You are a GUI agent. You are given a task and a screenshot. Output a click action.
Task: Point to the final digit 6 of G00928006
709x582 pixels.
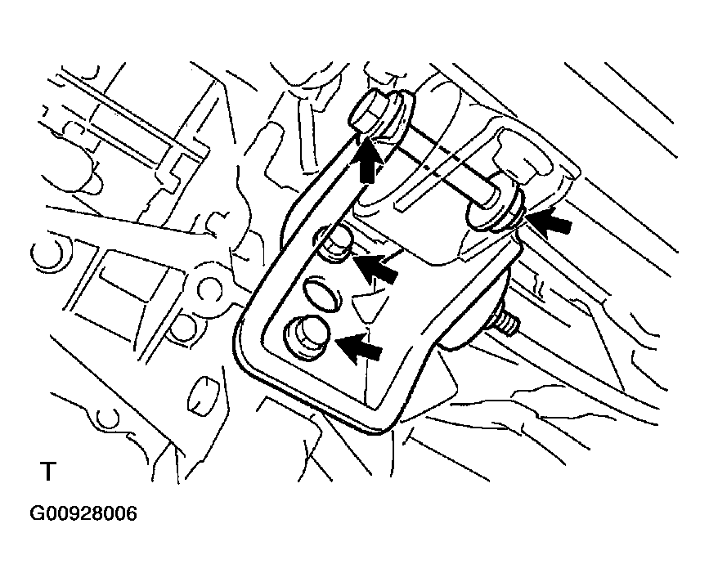click(x=130, y=514)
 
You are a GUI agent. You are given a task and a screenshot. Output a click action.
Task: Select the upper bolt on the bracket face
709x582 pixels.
click(x=335, y=244)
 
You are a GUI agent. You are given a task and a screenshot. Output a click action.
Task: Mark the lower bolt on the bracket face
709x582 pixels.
click(x=305, y=336)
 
